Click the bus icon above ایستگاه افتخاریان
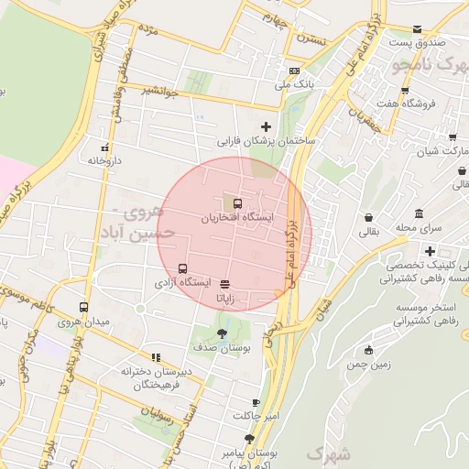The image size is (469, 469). pyautogui.click(x=238, y=203)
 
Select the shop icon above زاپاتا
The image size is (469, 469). pyautogui.click(x=225, y=284)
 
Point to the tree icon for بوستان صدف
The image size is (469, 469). pyautogui.click(x=222, y=333)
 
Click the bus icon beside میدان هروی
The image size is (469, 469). pyautogui.click(x=84, y=308)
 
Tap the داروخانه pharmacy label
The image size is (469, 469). pyautogui.click(x=105, y=160)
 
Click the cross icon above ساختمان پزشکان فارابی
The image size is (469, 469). pyautogui.click(x=267, y=126)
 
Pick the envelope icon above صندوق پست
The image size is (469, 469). pyautogui.click(x=418, y=29)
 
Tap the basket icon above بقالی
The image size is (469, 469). pyautogui.click(x=368, y=219)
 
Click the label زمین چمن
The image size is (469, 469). pyautogui.click(x=369, y=364)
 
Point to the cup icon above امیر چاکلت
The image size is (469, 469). pyautogui.click(x=256, y=402)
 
